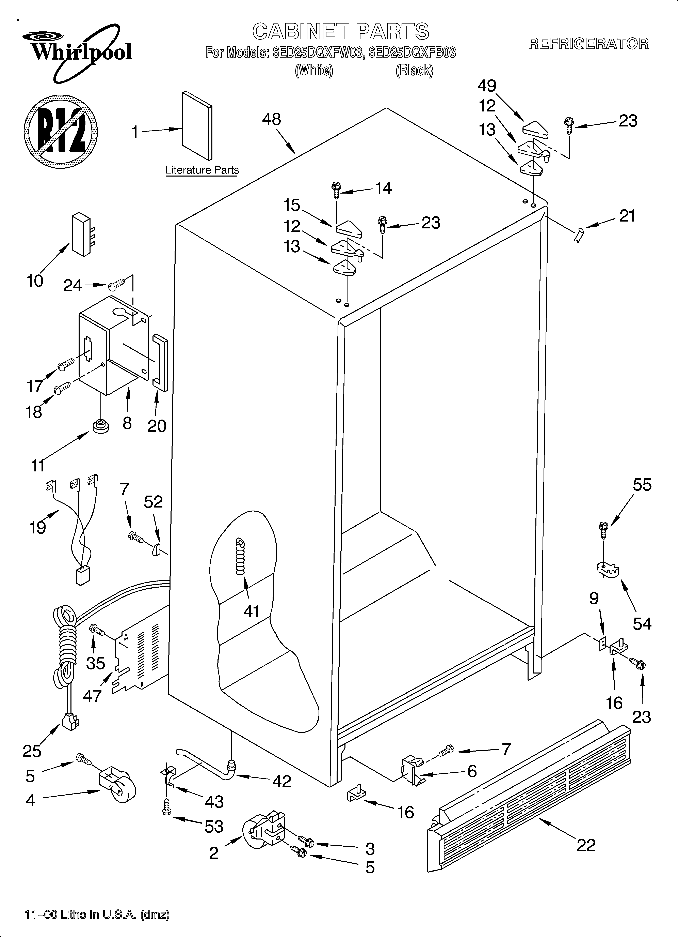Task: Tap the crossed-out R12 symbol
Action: click(x=61, y=131)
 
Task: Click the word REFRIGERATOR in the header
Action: click(x=588, y=44)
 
